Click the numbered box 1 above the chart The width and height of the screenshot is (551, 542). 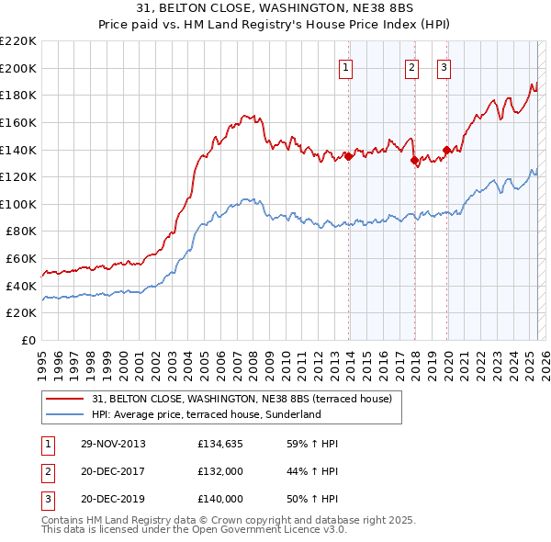point(345,66)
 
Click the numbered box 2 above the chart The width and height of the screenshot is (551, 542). point(410,66)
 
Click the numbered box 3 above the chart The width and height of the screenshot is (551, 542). point(444,66)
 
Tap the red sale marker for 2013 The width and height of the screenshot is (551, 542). point(349,156)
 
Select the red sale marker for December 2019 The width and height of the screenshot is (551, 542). point(447,150)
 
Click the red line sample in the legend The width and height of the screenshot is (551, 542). point(65,399)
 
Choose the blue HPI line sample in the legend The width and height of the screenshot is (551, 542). point(65,414)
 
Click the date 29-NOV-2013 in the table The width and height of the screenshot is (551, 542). point(112,444)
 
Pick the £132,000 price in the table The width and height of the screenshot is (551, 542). point(219,471)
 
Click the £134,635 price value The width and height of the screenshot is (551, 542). point(219,444)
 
